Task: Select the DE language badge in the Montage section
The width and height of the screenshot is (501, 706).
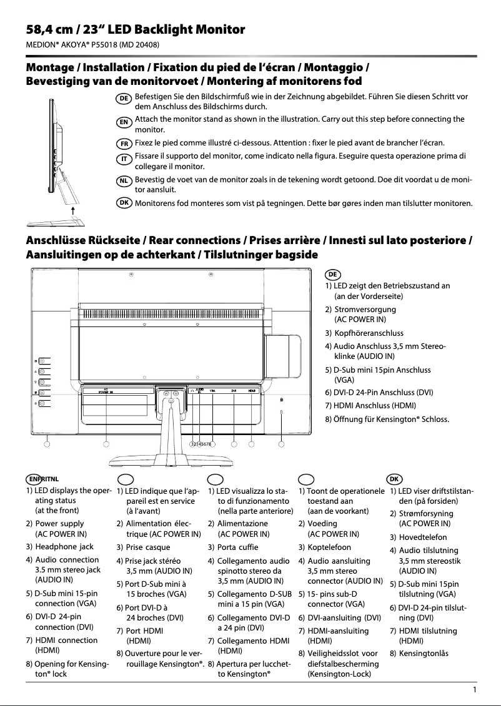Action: click(x=124, y=99)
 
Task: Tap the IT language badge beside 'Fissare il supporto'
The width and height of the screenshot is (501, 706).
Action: click(x=124, y=158)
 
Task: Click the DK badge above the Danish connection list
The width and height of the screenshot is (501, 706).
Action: click(x=394, y=478)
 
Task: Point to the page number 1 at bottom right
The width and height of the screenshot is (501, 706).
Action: click(x=475, y=690)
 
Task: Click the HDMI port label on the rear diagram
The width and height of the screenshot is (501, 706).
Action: click(x=252, y=391)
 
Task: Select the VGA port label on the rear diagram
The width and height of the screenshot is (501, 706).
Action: click(x=212, y=391)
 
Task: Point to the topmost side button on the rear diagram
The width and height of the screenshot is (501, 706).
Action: click(x=41, y=360)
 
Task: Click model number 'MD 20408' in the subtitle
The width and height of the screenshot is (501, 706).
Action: click(x=137, y=46)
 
